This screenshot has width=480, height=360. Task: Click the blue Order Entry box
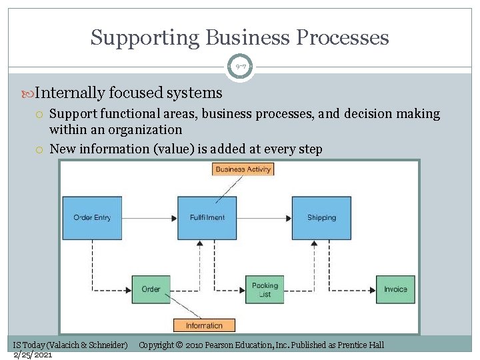[92, 217]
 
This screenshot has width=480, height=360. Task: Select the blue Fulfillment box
[207, 217]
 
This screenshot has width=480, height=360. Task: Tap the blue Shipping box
[321, 217]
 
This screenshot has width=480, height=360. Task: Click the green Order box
[151, 289]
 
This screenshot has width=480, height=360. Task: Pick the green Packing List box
[265, 289]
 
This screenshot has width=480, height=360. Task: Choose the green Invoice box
[395, 289]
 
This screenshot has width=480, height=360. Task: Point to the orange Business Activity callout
[243, 169]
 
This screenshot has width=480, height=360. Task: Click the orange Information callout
[204, 325]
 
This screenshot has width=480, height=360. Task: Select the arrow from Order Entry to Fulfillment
[149, 217]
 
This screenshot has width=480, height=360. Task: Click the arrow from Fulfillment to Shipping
[264, 217]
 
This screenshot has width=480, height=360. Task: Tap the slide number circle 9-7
[240, 67]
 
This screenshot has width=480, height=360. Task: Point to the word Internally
[71, 93]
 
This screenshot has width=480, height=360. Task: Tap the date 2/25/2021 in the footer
[33, 355]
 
